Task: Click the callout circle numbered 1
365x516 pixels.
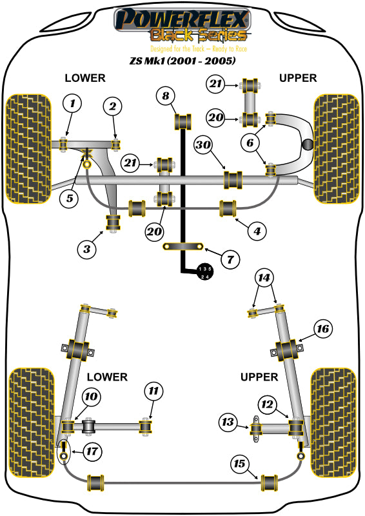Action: pyautogui.click(x=72, y=103)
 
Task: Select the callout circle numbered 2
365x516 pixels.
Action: pyautogui.click(x=112, y=106)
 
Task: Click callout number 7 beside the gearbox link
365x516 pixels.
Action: pyautogui.click(x=229, y=260)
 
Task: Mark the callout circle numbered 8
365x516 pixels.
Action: pyautogui.click(x=166, y=96)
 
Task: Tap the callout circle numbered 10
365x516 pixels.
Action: pyautogui.click(x=90, y=397)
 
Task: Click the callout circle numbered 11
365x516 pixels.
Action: pyautogui.click(x=153, y=391)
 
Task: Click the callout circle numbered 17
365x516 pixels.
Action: pyautogui.click(x=92, y=452)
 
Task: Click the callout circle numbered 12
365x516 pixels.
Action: pyautogui.click(x=267, y=404)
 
